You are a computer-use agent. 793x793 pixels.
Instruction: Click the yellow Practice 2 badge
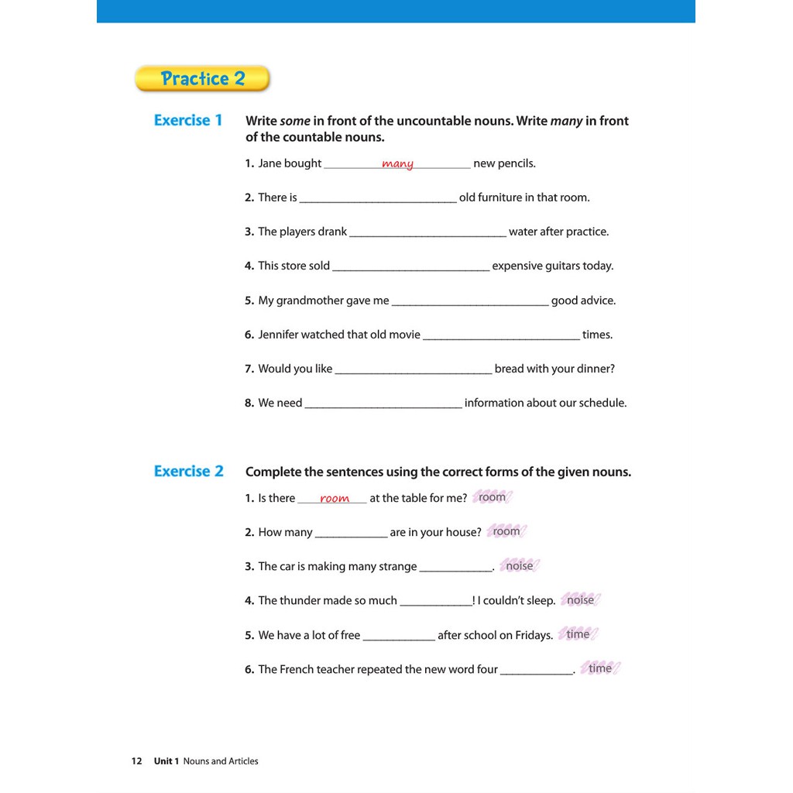[x=202, y=78]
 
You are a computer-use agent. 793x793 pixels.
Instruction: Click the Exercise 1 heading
[x=188, y=120]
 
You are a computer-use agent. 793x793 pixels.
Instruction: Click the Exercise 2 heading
[x=188, y=471]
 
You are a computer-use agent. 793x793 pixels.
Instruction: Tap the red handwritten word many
[x=397, y=163]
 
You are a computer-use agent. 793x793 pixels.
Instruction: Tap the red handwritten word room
[x=335, y=499]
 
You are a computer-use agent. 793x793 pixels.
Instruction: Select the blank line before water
[x=428, y=232]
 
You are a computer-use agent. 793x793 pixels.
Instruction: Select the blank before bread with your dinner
[x=414, y=369]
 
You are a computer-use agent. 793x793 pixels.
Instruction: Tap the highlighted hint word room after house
[x=506, y=531]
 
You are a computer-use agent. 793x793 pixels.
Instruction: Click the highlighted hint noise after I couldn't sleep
[x=580, y=600]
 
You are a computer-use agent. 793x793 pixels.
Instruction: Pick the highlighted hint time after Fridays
[x=578, y=634]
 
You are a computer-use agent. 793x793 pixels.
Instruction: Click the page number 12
[x=136, y=761]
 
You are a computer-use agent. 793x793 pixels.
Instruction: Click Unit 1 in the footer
[x=166, y=761]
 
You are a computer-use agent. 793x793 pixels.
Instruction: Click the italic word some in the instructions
[x=295, y=121]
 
